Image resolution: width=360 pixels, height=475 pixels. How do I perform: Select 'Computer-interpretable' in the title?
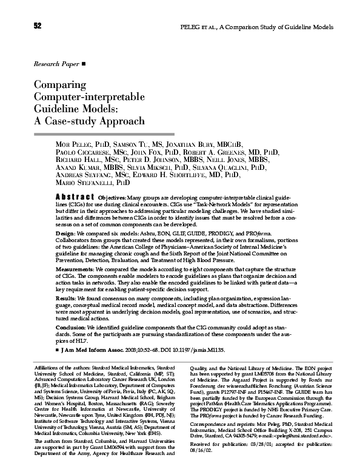[x=90, y=97]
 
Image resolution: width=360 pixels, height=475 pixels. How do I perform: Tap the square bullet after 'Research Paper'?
[x=84, y=63]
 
